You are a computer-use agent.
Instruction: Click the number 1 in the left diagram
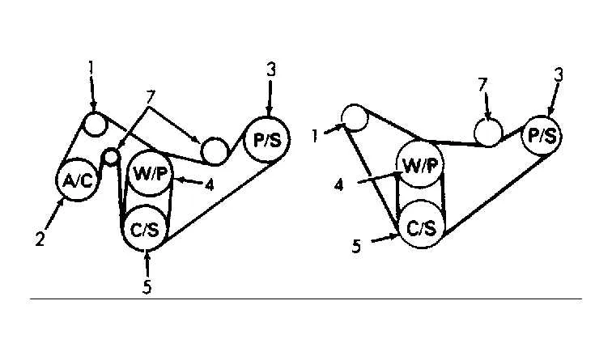[x=91, y=68]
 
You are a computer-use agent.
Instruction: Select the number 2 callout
[x=40, y=239]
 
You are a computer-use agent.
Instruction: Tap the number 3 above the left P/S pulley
[x=271, y=70]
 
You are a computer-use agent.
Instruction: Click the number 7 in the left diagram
[x=151, y=98]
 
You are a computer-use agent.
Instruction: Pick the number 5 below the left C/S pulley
[x=147, y=286]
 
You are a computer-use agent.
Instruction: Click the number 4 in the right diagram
[x=338, y=185]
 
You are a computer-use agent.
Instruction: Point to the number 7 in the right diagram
[x=483, y=85]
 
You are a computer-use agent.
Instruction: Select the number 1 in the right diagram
[x=315, y=136]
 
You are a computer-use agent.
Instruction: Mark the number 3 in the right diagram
[x=559, y=74]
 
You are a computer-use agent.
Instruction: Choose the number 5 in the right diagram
[x=356, y=247]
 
